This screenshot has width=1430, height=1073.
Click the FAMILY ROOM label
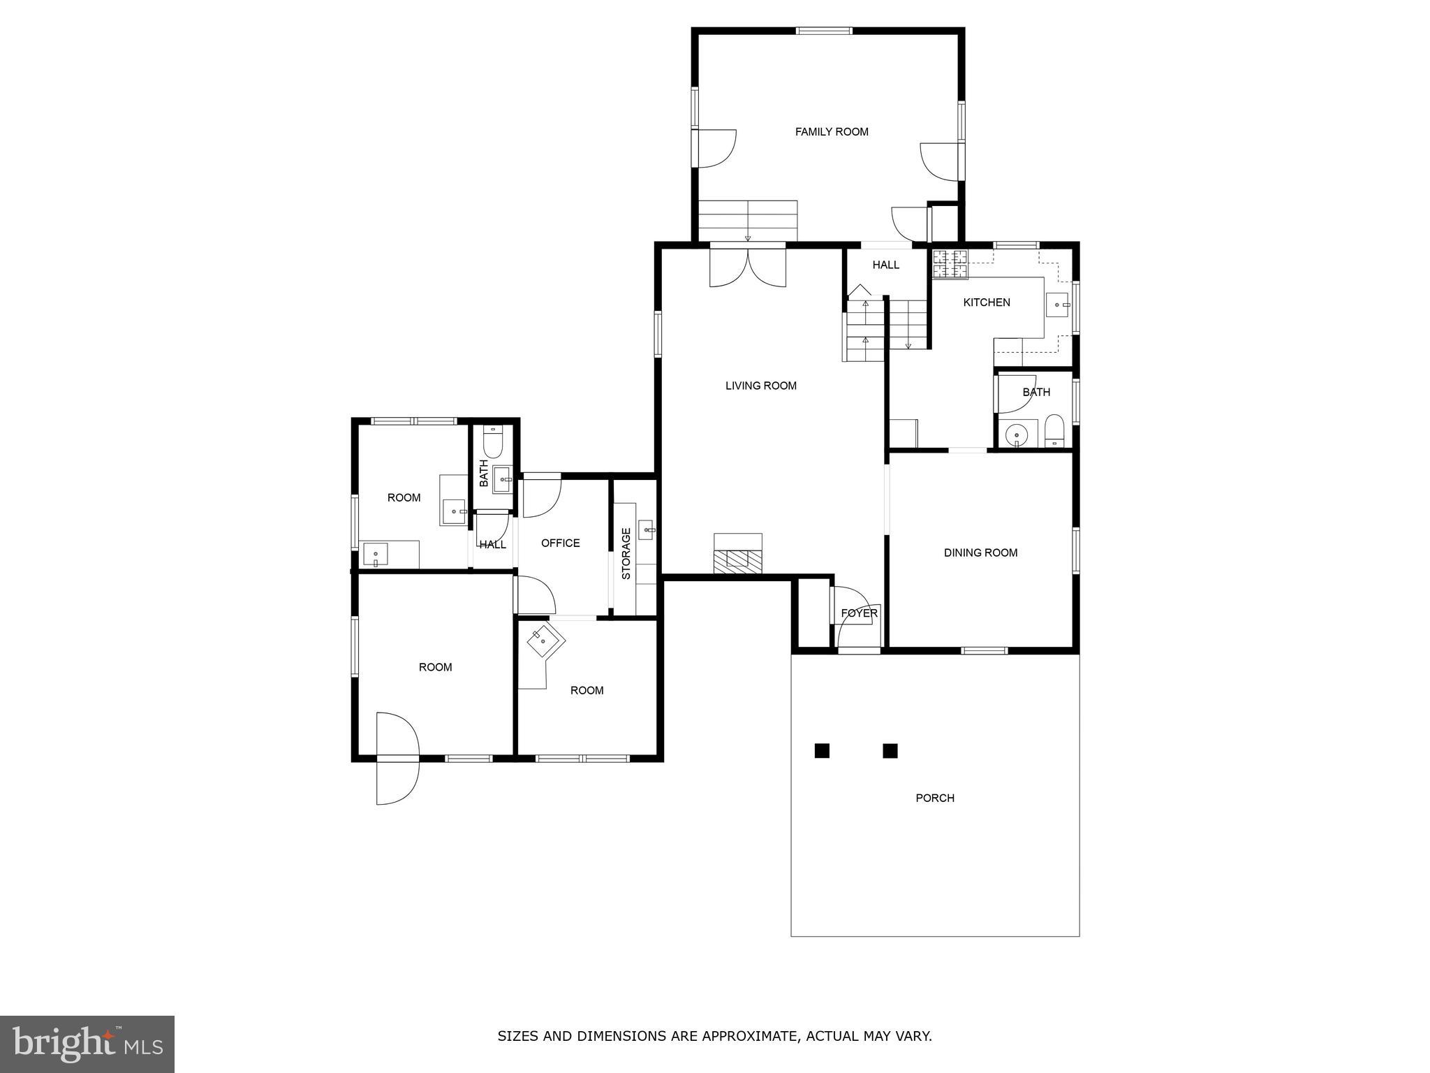click(832, 131)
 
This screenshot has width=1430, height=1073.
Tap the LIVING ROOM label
click(760, 386)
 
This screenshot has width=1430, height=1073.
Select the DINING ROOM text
click(980, 553)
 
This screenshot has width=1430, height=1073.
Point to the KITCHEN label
click(987, 302)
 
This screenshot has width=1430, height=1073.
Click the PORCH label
click(935, 798)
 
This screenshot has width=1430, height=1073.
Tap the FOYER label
click(859, 613)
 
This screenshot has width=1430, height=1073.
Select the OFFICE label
click(560, 543)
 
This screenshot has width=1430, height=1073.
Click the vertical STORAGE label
click(626, 553)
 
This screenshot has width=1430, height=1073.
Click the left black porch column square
click(822, 751)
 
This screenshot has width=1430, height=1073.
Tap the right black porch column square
click(890, 751)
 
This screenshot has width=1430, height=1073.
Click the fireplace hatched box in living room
click(737, 558)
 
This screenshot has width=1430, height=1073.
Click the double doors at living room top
click(748, 268)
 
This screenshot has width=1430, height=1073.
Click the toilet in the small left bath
click(493, 442)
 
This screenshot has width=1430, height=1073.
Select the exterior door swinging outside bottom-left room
click(397, 781)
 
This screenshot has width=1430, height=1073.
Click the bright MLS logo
click(87, 1044)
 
